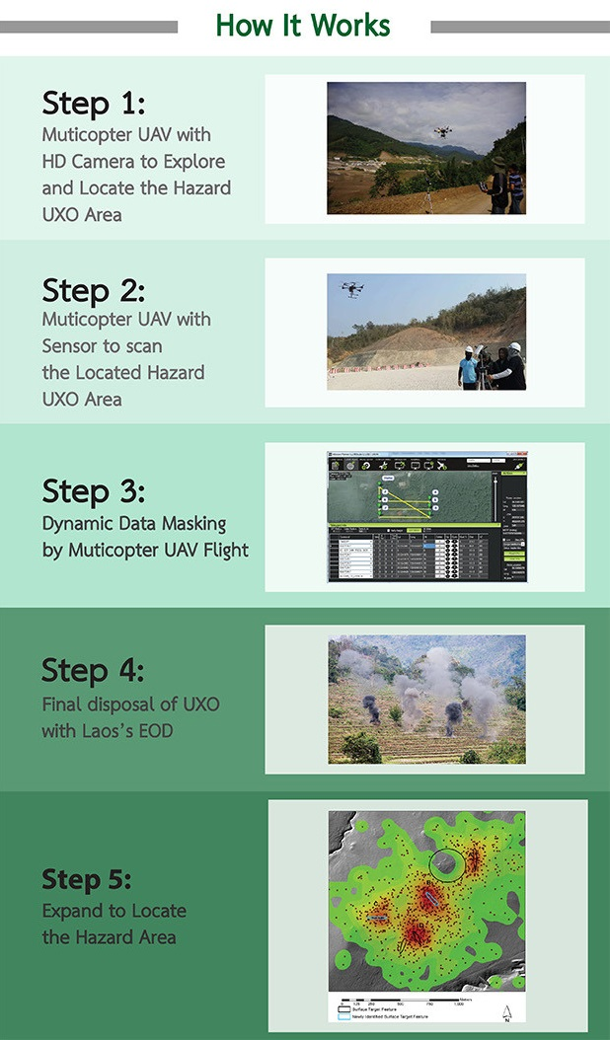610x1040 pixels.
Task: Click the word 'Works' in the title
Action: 352,26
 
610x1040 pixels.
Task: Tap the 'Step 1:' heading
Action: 93,104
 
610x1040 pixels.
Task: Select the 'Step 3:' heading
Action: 94,490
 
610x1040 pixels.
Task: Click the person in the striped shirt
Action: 515,187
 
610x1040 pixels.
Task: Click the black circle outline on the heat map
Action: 449,863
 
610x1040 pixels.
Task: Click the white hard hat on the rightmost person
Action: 514,347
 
